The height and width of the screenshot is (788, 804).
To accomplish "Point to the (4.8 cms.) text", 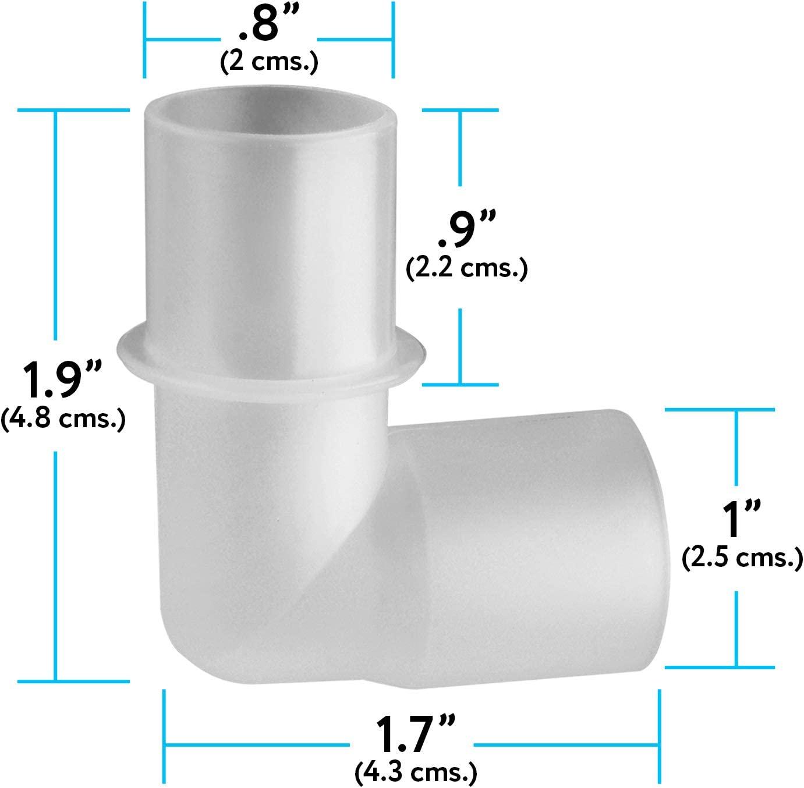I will click(x=63, y=418).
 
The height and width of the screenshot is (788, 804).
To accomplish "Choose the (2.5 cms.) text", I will click(x=742, y=558).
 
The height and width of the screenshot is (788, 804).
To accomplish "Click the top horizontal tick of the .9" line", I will click(x=461, y=109).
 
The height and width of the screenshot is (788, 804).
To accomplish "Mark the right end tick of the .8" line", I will click(x=394, y=40).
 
